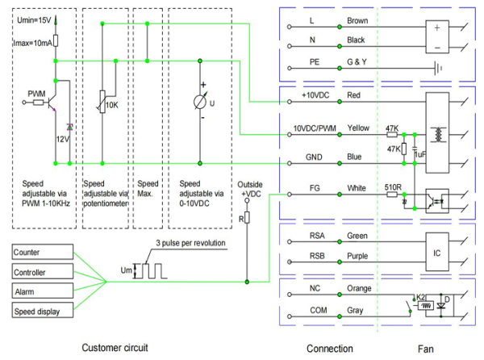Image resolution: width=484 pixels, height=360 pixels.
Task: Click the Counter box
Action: click(x=43, y=252)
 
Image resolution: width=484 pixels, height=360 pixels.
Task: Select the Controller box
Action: click(x=43, y=271)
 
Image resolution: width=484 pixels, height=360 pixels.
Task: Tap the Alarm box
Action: click(x=43, y=291)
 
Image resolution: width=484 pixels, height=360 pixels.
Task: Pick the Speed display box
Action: click(x=43, y=310)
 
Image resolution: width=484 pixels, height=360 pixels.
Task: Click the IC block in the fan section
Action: click(x=437, y=252)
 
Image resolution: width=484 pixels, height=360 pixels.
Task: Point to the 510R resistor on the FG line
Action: click(x=392, y=195)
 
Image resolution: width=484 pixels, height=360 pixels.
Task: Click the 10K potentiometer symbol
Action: click(x=102, y=102)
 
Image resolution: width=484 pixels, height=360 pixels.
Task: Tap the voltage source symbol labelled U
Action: click(x=200, y=102)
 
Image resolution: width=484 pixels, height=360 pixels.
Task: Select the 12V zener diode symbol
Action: click(x=69, y=127)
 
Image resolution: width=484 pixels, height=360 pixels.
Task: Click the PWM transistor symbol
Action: click(x=51, y=103)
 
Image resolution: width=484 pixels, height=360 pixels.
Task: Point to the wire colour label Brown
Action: click(x=357, y=21)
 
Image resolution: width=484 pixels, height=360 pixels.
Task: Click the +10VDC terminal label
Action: click(x=315, y=95)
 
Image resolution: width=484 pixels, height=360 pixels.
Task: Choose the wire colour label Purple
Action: click(x=357, y=256)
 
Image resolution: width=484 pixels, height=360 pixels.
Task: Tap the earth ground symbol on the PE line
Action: click(x=438, y=68)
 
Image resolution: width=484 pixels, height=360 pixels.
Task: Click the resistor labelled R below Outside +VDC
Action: click(x=247, y=217)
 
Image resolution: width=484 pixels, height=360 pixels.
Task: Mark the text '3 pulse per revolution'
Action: click(x=190, y=243)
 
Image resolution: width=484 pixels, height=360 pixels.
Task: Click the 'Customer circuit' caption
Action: click(x=115, y=348)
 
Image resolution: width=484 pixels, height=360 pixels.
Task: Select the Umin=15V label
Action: click(x=34, y=20)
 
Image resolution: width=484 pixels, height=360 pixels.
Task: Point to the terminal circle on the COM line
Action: click(x=290, y=316)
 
